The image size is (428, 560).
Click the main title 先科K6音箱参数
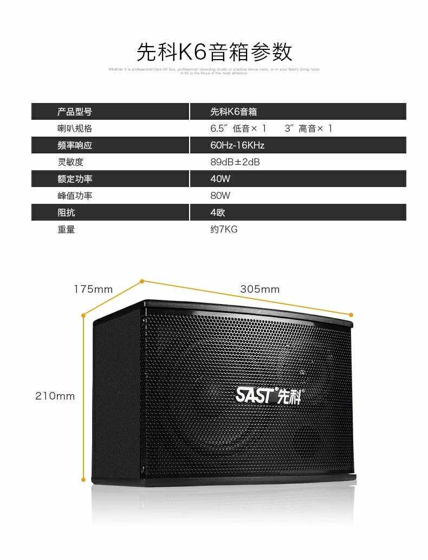pos(214,52)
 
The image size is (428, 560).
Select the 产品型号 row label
pos(75,112)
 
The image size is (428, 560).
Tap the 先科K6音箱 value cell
pos(234,112)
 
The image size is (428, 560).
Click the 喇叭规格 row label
pos(75,128)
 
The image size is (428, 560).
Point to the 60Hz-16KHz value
pos(237,145)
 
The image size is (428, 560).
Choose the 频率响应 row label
pos(75,145)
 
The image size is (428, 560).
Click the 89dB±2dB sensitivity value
pos(235,162)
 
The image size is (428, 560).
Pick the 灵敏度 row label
pos(70,162)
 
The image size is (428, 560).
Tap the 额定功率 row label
pos(75,179)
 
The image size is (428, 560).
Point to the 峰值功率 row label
pos(75,196)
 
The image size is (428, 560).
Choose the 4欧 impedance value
pos(218,213)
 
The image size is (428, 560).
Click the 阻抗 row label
pos(66,213)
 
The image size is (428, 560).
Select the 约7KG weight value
pos(224,229)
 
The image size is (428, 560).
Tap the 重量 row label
pos(66,229)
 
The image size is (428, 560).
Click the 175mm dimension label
pos(93,289)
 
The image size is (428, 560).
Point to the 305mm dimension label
pos(260,289)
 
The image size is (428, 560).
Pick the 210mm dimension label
pos(55,396)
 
